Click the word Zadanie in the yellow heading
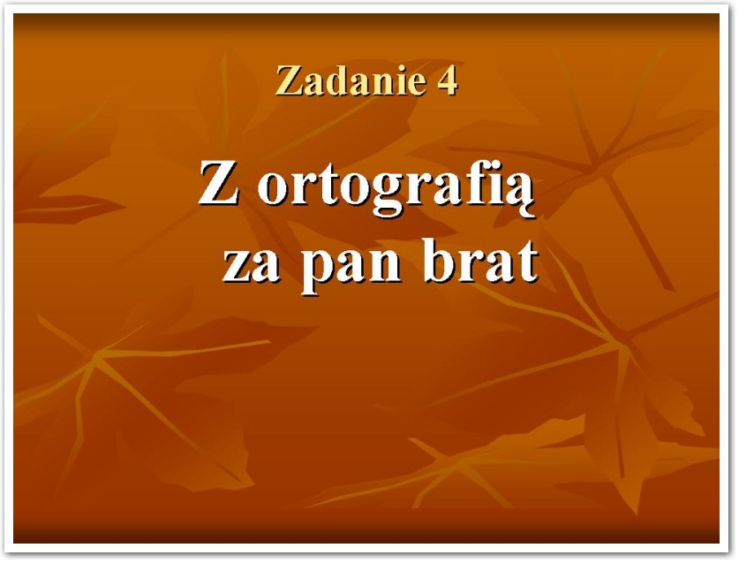click(351, 80)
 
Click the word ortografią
click(396, 188)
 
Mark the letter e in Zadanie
click(416, 85)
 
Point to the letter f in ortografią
click(479, 182)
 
